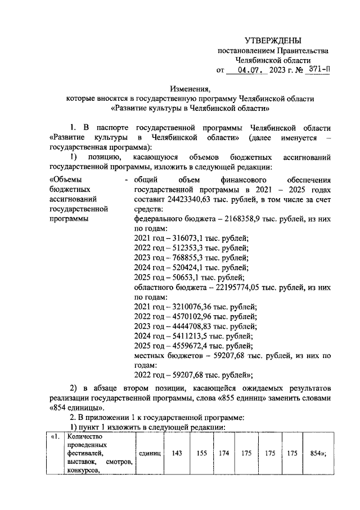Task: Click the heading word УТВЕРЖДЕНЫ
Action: pos(273,41)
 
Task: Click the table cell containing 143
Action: pos(175,453)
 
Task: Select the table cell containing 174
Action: pos(224,453)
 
